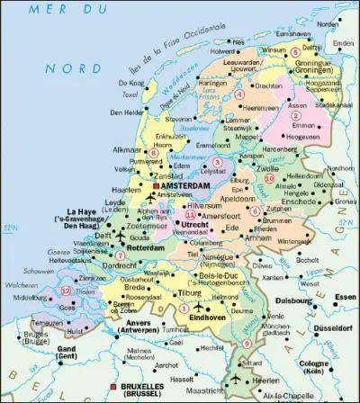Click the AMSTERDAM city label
(x=190, y=187)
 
